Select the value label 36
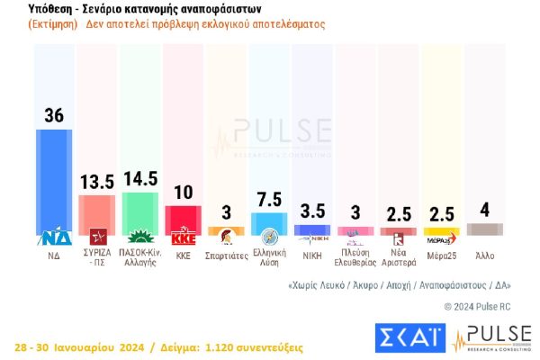pyautogui.click(x=54, y=115)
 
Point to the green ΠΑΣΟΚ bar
pyautogui.click(x=139, y=211)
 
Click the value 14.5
pyautogui.click(x=139, y=177)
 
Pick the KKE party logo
pyautogui.click(x=183, y=238)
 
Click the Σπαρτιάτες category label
pyautogui.click(x=226, y=256)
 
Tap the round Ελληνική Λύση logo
pyautogui.click(x=269, y=238)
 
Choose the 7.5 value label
pyautogui.click(x=269, y=199)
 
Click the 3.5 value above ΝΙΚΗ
pyautogui.click(x=312, y=211)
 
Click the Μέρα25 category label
pyautogui.click(x=441, y=256)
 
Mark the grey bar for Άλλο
pyautogui.click(x=485, y=229)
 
